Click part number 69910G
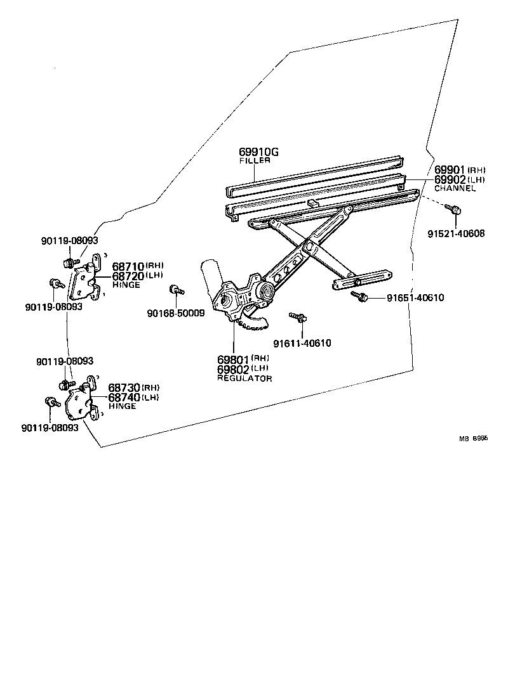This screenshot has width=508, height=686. pyautogui.click(x=258, y=152)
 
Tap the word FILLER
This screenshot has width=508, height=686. pyautogui.click(x=255, y=161)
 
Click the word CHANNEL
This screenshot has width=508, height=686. pyautogui.click(x=455, y=188)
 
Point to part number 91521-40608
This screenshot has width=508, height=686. pyautogui.click(x=455, y=233)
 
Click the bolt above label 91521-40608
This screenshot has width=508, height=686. pyautogui.click(x=453, y=210)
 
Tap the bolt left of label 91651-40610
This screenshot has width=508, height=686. pyautogui.click(x=359, y=296)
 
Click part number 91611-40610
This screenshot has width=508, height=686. pyautogui.click(x=302, y=343)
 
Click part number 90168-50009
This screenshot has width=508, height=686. pyautogui.click(x=175, y=313)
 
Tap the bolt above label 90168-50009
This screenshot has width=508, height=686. pyautogui.click(x=176, y=290)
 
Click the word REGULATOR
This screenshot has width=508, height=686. pyautogui.click(x=244, y=379)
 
